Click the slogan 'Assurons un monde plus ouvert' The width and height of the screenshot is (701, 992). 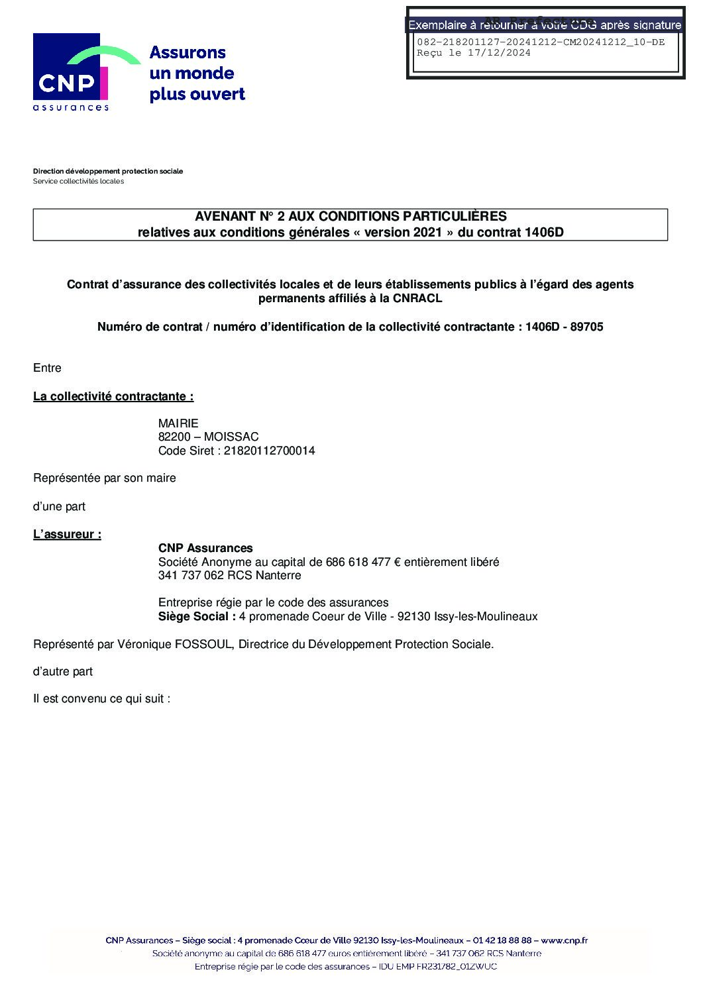pos(197,73)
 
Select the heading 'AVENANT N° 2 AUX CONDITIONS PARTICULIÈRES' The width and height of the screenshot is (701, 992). pos(350,216)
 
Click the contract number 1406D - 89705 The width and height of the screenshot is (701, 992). pos(564,327)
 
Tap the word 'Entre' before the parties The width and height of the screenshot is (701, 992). pos(47,368)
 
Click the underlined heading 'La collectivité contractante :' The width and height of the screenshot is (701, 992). pos(113,396)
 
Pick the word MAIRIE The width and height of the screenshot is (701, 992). pos(178,423)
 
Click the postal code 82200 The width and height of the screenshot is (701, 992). pos(174,437)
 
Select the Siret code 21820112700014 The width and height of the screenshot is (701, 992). pos(270,451)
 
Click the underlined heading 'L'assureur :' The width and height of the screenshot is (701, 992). pos(67,534)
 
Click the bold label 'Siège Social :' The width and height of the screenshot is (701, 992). pos(197,616)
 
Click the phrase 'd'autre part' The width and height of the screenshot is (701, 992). pos(63,671)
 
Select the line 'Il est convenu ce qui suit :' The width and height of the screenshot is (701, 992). pos(102,698)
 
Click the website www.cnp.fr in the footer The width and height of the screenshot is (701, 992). pos(565,940)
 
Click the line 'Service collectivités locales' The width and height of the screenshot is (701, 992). pos(78,181)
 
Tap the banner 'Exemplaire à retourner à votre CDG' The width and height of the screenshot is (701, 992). pos(545,25)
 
